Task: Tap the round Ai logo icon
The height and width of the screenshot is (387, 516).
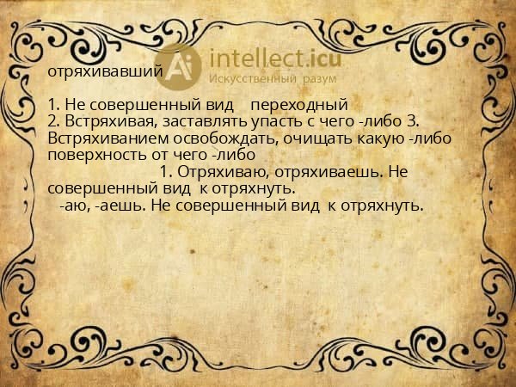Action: pos(180,68)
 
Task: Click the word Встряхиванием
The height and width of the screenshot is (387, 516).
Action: pos(104,138)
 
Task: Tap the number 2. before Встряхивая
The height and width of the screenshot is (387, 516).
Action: pos(54,121)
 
